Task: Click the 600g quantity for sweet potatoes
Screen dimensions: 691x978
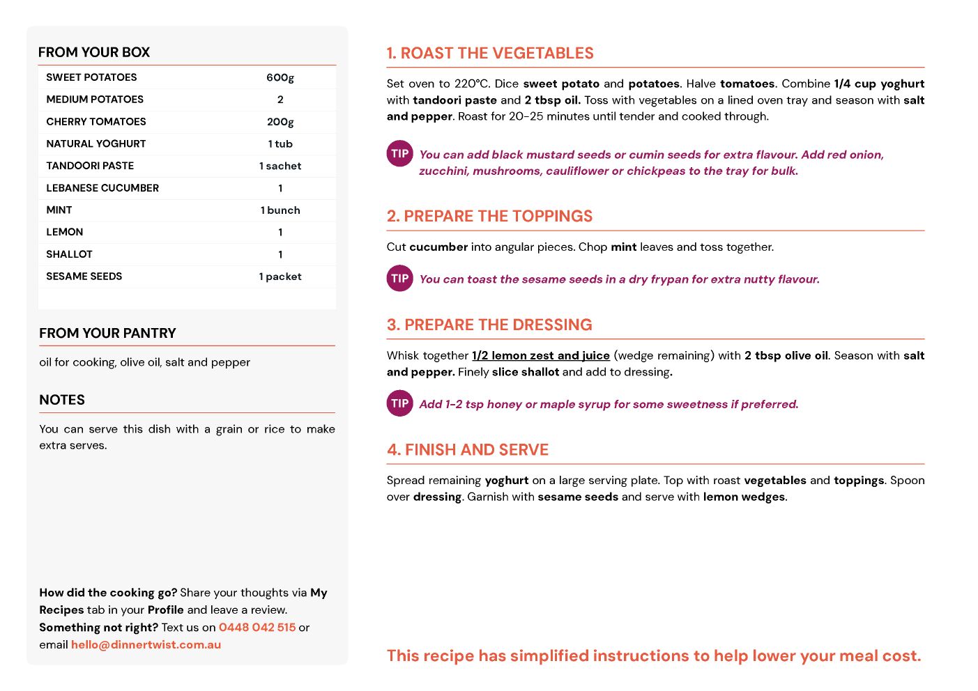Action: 280,77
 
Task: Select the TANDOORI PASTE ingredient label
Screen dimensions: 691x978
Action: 90,166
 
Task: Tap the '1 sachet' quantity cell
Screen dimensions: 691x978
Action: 280,166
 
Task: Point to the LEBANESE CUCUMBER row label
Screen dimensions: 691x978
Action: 102,188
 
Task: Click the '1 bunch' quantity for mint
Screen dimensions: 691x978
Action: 280,210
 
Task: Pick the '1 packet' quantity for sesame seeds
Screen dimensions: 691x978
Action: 280,277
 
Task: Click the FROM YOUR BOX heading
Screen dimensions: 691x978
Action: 94,52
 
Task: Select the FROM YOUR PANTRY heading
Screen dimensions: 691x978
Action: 107,333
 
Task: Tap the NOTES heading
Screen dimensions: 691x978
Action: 62,400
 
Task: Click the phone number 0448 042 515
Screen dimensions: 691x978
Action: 257,627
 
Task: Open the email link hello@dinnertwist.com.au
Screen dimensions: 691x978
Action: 146,644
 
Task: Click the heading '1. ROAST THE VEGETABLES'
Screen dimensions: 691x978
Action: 490,54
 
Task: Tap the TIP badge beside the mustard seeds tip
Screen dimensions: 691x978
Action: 400,154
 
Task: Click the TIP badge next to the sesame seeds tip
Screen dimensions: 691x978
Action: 400,279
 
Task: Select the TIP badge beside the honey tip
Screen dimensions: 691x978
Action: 400,403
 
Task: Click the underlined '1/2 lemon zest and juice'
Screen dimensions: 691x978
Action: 541,355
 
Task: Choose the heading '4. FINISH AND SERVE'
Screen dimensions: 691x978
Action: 468,450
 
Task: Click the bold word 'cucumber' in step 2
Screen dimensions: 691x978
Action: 438,247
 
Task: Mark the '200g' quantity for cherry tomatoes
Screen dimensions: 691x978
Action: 280,122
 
